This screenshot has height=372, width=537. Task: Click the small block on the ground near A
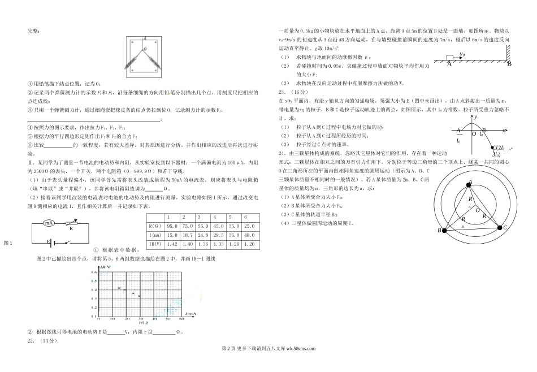tap(450, 58)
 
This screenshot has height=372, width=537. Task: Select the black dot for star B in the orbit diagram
tap(444, 231)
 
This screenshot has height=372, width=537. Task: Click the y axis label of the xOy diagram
tap(477, 116)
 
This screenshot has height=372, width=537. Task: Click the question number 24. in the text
tap(281, 153)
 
